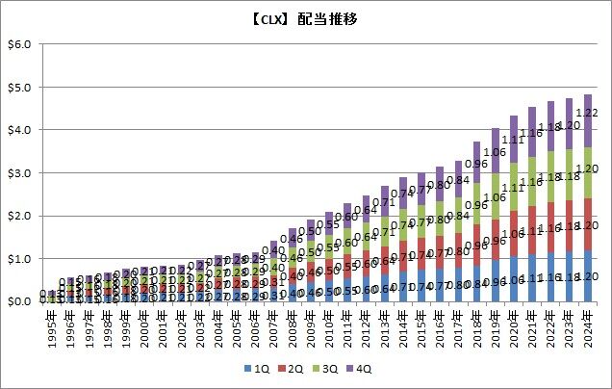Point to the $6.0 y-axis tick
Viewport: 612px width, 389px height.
pyautogui.click(x=20, y=44)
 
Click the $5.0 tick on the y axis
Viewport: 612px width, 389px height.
pyautogui.click(x=20, y=88)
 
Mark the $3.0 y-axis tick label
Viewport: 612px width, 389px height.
pyautogui.click(x=20, y=173)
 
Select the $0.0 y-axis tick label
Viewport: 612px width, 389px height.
pyautogui.click(x=20, y=302)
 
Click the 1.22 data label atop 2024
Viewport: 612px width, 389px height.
pyautogui.click(x=596, y=114)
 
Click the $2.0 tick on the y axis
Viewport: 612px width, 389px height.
pyautogui.click(x=20, y=217)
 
